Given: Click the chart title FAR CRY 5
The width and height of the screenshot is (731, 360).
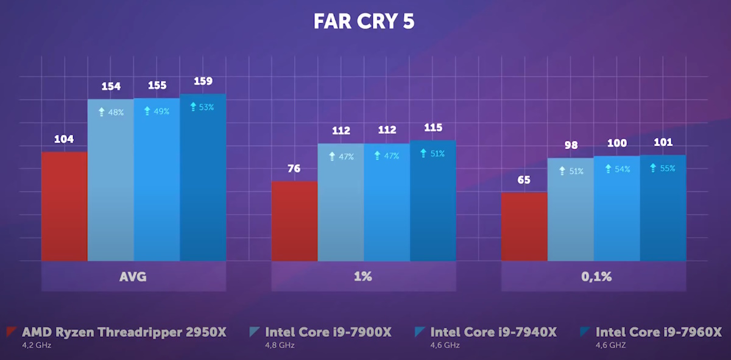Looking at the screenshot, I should [x=364, y=21].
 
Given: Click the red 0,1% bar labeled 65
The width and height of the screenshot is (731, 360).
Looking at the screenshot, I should [x=524, y=227].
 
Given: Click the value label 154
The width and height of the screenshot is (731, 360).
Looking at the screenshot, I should [x=111, y=86].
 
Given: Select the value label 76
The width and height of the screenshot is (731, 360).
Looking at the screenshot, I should [x=294, y=168].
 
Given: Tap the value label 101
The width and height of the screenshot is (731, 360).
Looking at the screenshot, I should [x=663, y=143].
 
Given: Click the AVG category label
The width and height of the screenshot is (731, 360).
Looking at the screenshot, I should [x=133, y=277].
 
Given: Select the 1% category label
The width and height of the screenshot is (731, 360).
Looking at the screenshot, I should [x=362, y=277].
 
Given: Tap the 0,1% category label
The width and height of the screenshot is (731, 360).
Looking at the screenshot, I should [x=593, y=277].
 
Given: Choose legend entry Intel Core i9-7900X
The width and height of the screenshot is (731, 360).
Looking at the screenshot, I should [x=328, y=332].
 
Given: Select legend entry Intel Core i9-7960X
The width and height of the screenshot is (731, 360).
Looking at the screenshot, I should [x=658, y=332].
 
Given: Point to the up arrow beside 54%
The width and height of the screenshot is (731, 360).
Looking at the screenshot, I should [x=608, y=169].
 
